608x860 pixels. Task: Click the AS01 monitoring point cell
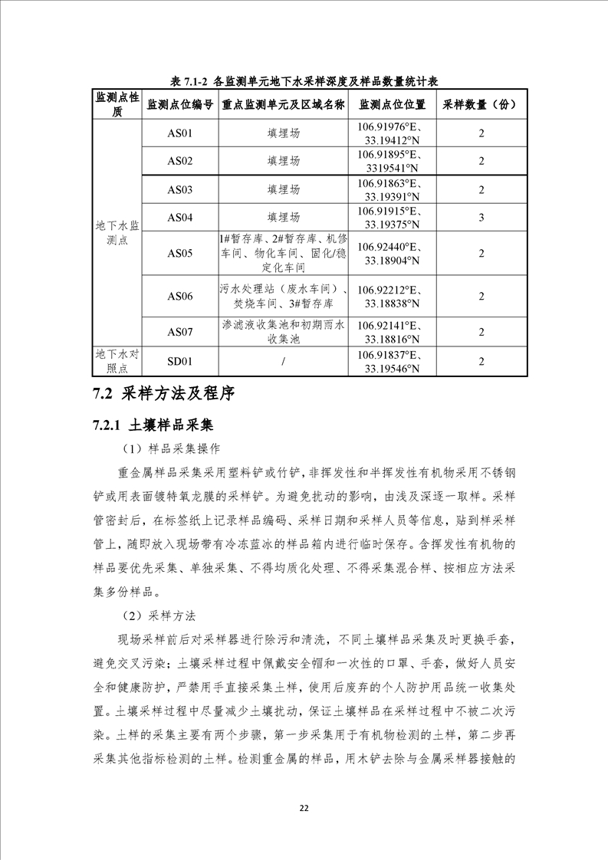(x=179, y=133)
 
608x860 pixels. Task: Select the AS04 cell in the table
(x=179, y=218)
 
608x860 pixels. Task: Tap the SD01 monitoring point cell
(x=179, y=362)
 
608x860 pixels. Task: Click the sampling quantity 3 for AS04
(x=481, y=218)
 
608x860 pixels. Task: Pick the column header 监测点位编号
(x=179, y=105)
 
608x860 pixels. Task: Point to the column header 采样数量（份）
(x=481, y=105)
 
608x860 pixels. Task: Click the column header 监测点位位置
(x=392, y=105)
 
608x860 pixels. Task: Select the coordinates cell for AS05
(x=392, y=254)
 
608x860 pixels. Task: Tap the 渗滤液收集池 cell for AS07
(x=284, y=332)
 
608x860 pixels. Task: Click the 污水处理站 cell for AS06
(x=284, y=297)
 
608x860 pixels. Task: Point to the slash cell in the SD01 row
(x=284, y=362)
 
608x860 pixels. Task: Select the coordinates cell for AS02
(x=392, y=161)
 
